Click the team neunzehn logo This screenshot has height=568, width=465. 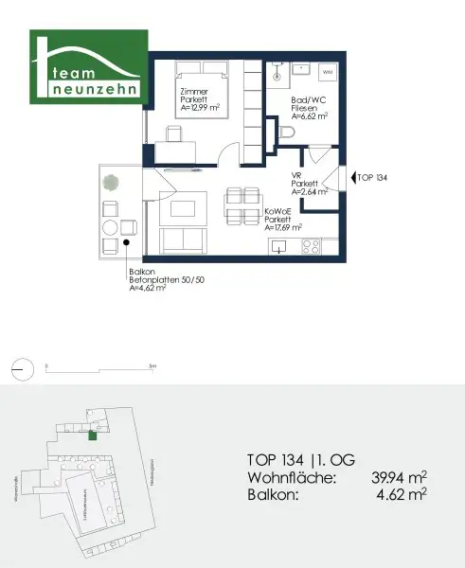pyautogui.click(x=87, y=67)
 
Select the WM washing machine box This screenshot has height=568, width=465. pyautogui.click(x=329, y=73)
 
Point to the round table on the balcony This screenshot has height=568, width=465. pyautogui.click(x=110, y=227)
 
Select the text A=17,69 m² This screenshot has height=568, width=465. pyautogui.click(x=283, y=227)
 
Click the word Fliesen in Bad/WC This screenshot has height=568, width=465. pyautogui.click(x=303, y=108)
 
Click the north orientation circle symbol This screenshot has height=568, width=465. pyautogui.click(x=21, y=365)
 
